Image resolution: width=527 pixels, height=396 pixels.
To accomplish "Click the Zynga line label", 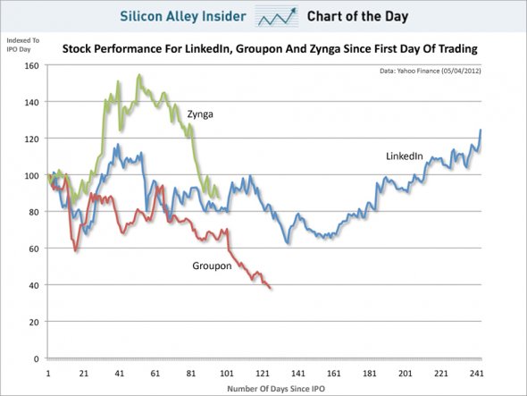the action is click(200, 114).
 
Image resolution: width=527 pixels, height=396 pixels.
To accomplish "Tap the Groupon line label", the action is click(212, 265).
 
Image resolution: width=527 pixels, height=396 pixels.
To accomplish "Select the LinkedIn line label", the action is click(405, 156).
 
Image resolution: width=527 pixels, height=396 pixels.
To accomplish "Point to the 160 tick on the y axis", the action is click(31, 65).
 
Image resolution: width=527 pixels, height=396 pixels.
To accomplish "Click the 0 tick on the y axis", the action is click(36, 358).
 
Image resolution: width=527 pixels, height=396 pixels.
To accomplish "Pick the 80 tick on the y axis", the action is click(34, 212).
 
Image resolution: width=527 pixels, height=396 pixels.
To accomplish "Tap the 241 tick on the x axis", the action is click(477, 373).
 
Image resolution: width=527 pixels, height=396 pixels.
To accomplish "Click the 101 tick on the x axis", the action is click(227, 373).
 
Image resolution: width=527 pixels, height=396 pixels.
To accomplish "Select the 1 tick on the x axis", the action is click(48, 373).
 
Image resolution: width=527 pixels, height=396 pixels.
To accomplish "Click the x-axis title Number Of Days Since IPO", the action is click(276, 389).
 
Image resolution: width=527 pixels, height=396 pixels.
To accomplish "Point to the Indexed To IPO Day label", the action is click(23, 45).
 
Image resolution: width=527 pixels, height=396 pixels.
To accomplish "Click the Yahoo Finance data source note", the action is click(431, 71).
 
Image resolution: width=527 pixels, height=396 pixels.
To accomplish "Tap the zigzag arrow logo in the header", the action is click(277, 16).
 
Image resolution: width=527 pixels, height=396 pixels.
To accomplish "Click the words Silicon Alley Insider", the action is click(183, 16).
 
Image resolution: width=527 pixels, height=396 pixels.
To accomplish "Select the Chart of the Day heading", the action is click(357, 16).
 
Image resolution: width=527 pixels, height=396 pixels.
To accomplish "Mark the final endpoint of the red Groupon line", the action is click(271, 289).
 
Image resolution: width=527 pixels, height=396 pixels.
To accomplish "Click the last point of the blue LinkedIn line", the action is click(481, 130).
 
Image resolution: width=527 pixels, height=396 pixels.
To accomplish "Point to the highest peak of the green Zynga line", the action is click(138, 75).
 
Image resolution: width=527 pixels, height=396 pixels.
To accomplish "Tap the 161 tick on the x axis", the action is click(333, 373).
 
